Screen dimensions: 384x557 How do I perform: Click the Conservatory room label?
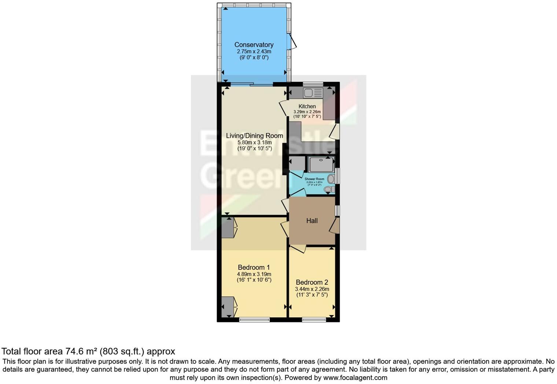(254, 45)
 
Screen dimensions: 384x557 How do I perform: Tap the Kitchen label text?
(307, 106)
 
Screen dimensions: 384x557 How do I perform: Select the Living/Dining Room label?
(254, 136)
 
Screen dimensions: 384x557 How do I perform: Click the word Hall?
(312, 221)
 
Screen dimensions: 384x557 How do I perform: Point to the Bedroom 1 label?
(254, 267)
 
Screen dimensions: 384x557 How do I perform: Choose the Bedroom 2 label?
(312, 282)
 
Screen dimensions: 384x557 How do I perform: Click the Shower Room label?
(314, 179)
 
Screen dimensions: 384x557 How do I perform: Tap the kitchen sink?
(313, 93)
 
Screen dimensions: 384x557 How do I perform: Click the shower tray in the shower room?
(321, 165)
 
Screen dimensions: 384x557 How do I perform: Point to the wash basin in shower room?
(331, 179)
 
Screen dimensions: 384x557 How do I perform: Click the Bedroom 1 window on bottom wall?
(254, 320)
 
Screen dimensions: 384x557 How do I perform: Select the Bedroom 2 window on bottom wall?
(314, 320)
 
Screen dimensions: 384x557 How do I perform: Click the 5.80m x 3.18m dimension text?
(254, 143)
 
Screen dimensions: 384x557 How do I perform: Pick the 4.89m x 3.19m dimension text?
(254, 274)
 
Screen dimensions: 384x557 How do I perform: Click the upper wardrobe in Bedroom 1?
(227, 228)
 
